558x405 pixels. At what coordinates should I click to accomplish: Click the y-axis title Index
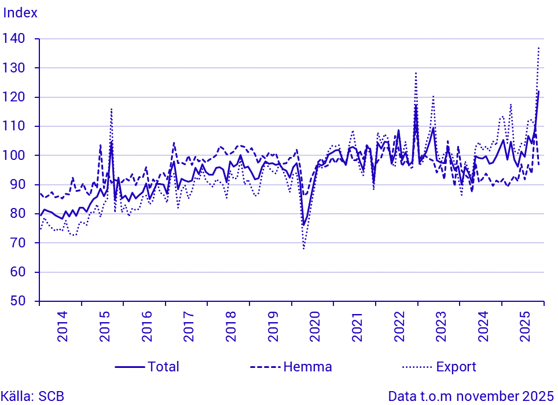pos(20,13)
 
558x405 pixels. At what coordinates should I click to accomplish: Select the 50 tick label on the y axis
pos(19,301)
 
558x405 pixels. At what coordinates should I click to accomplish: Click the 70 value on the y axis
pos(19,243)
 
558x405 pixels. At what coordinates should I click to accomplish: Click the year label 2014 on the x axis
pos(62,327)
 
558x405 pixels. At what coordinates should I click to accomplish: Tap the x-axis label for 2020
pos(315,327)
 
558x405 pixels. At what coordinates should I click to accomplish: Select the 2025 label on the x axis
pos(526,327)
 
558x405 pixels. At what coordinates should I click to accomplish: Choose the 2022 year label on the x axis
pos(399,327)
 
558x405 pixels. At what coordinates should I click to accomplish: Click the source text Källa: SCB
pos(32,397)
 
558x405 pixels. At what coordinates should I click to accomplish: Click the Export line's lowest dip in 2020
pos(303,249)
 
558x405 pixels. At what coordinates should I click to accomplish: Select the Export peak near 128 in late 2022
pos(416,73)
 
